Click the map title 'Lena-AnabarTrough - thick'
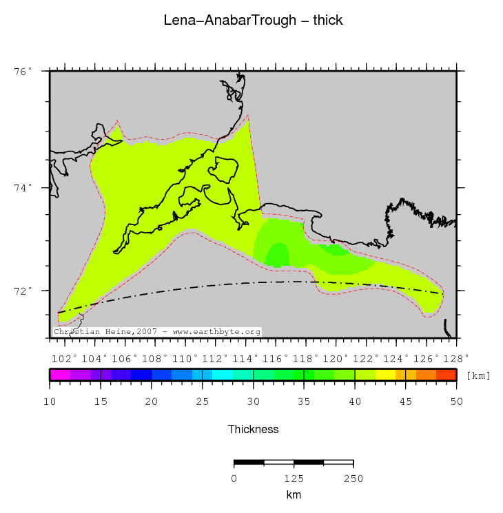(x=253, y=21)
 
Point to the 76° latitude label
(x=23, y=71)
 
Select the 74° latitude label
(x=23, y=188)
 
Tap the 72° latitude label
(x=23, y=291)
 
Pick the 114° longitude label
(x=247, y=358)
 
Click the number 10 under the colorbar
(x=50, y=401)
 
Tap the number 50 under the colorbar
(x=456, y=401)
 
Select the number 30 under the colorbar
(x=253, y=401)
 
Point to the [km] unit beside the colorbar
(x=478, y=375)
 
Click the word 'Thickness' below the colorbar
(x=253, y=429)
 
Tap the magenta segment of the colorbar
(x=59, y=375)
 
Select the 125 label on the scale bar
(x=294, y=479)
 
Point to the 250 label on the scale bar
(x=353, y=479)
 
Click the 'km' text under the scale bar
(x=294, y=494)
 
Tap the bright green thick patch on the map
(x=278, y=254)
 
